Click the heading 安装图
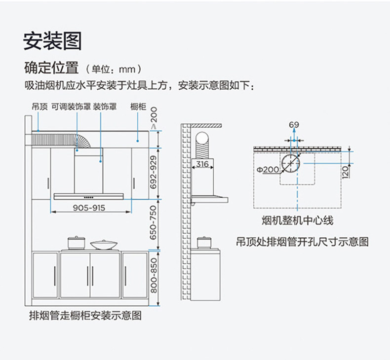[52, 41]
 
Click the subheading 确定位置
[52, 67]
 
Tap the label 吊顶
[39, 106]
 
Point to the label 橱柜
[138, 106]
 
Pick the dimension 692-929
[153, 171]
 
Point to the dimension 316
[202, 164]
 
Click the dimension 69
[294, 125]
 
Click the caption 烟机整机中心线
[297, 220]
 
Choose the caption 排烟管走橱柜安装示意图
[85, 315]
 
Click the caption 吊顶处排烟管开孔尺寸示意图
[302, 242]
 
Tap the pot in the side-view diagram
[202, 243]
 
